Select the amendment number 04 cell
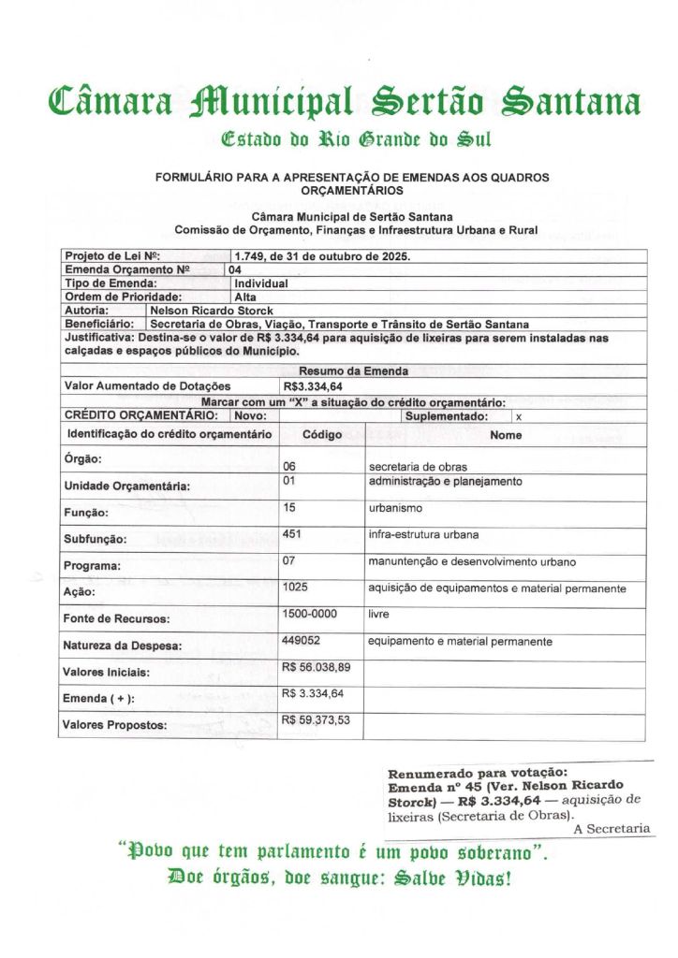click(x=236, y=269)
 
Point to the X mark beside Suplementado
click(x=519, y=416)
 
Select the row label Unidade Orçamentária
click(x=127, y=486)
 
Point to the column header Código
click(x=322, y=435)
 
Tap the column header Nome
click(x=506, y=435)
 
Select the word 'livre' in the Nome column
click(x=379, y=615)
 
